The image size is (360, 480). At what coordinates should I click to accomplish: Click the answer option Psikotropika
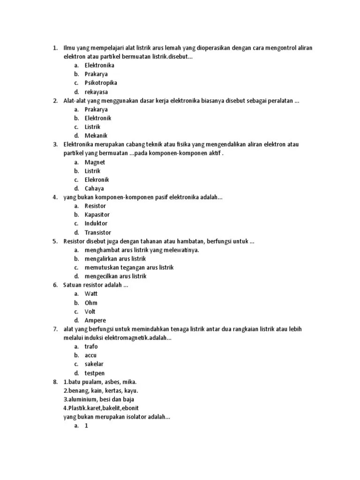(101, 83)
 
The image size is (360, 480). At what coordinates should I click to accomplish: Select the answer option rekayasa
(96, 92)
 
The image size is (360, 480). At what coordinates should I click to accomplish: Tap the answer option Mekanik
(96, 135)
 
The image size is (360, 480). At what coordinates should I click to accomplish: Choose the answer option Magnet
(95, 162)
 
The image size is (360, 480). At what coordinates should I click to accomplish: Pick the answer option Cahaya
(94, 188)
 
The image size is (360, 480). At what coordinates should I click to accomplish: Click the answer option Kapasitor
(97, 215)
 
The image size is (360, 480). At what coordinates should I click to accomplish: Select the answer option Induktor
(96, 224)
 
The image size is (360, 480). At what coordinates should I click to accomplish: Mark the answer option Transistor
(98, 232)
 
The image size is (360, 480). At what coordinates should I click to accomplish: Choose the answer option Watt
(91, 294)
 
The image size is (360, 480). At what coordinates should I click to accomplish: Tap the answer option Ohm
(91, 303)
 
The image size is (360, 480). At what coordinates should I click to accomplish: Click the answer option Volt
(90, 312)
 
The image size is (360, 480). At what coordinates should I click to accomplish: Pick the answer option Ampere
(95, 321)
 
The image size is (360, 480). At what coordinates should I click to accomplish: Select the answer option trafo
(91, 346)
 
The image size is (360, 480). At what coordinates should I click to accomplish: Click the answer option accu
(90, 355)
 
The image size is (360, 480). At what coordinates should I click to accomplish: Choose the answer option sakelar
(94, 364)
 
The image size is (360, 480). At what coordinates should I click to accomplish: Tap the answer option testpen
(95, 373)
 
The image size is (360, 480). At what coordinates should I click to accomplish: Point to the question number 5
(55, 241)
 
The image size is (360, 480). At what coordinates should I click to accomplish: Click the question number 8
(55, 382)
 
